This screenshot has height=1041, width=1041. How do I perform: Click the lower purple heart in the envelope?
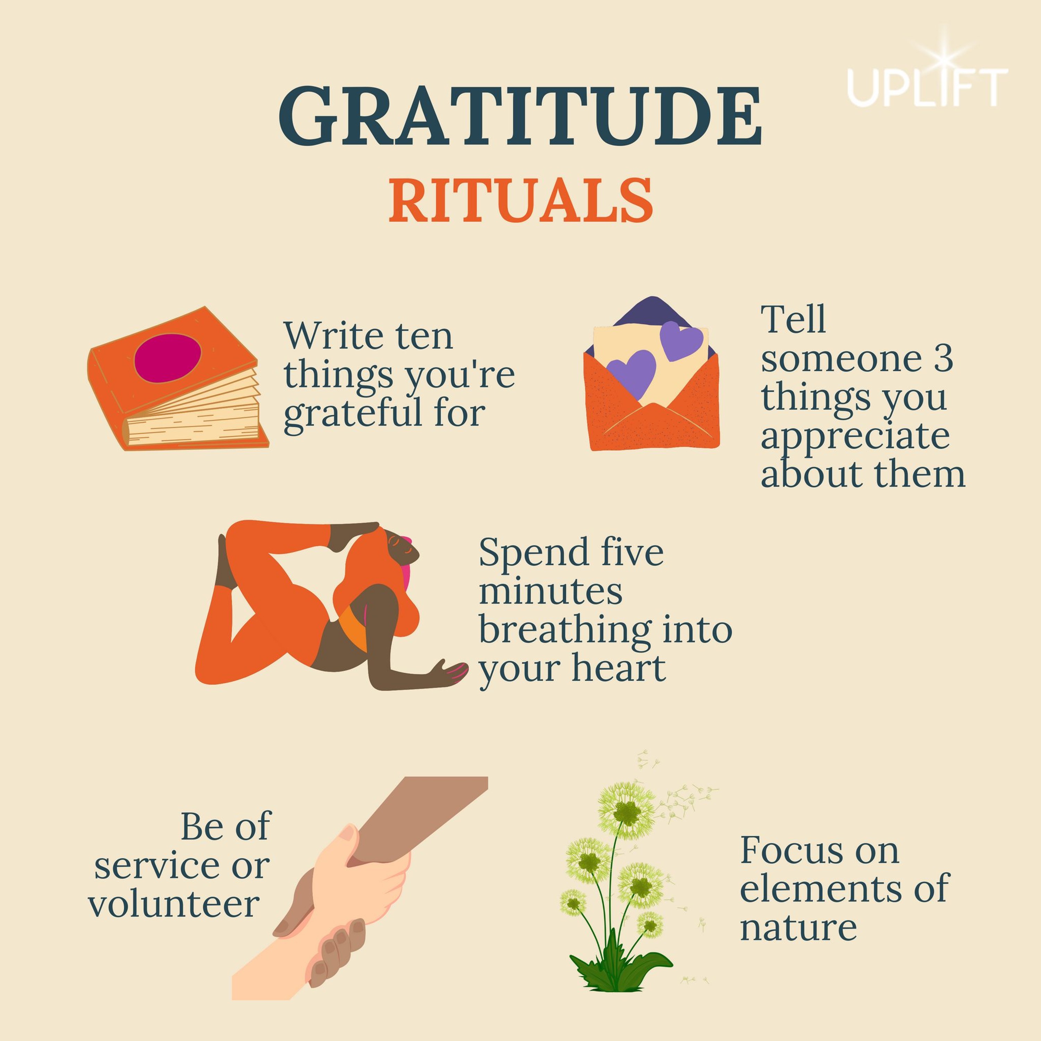632,373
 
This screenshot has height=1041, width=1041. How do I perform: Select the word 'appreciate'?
855,437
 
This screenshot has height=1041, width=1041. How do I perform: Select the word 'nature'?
798,927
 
